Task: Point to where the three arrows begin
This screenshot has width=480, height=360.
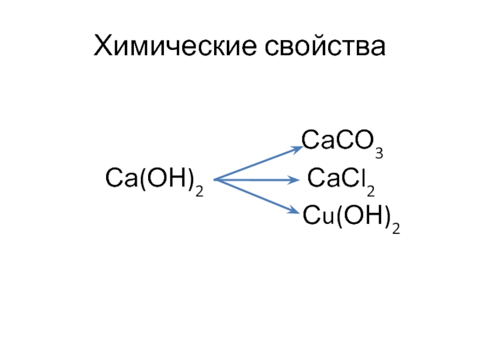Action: [215, 179]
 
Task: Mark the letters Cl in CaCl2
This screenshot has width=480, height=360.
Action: [355, 179]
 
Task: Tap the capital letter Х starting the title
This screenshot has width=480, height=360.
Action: [103, 46]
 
